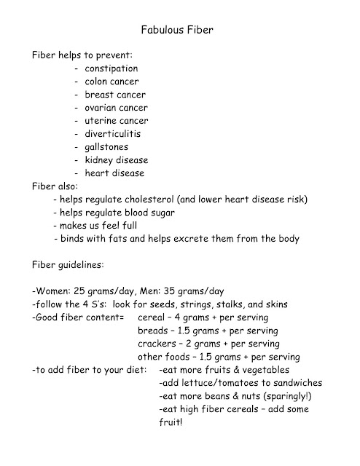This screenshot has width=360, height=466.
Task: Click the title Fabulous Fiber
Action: (x=179, y=31)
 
